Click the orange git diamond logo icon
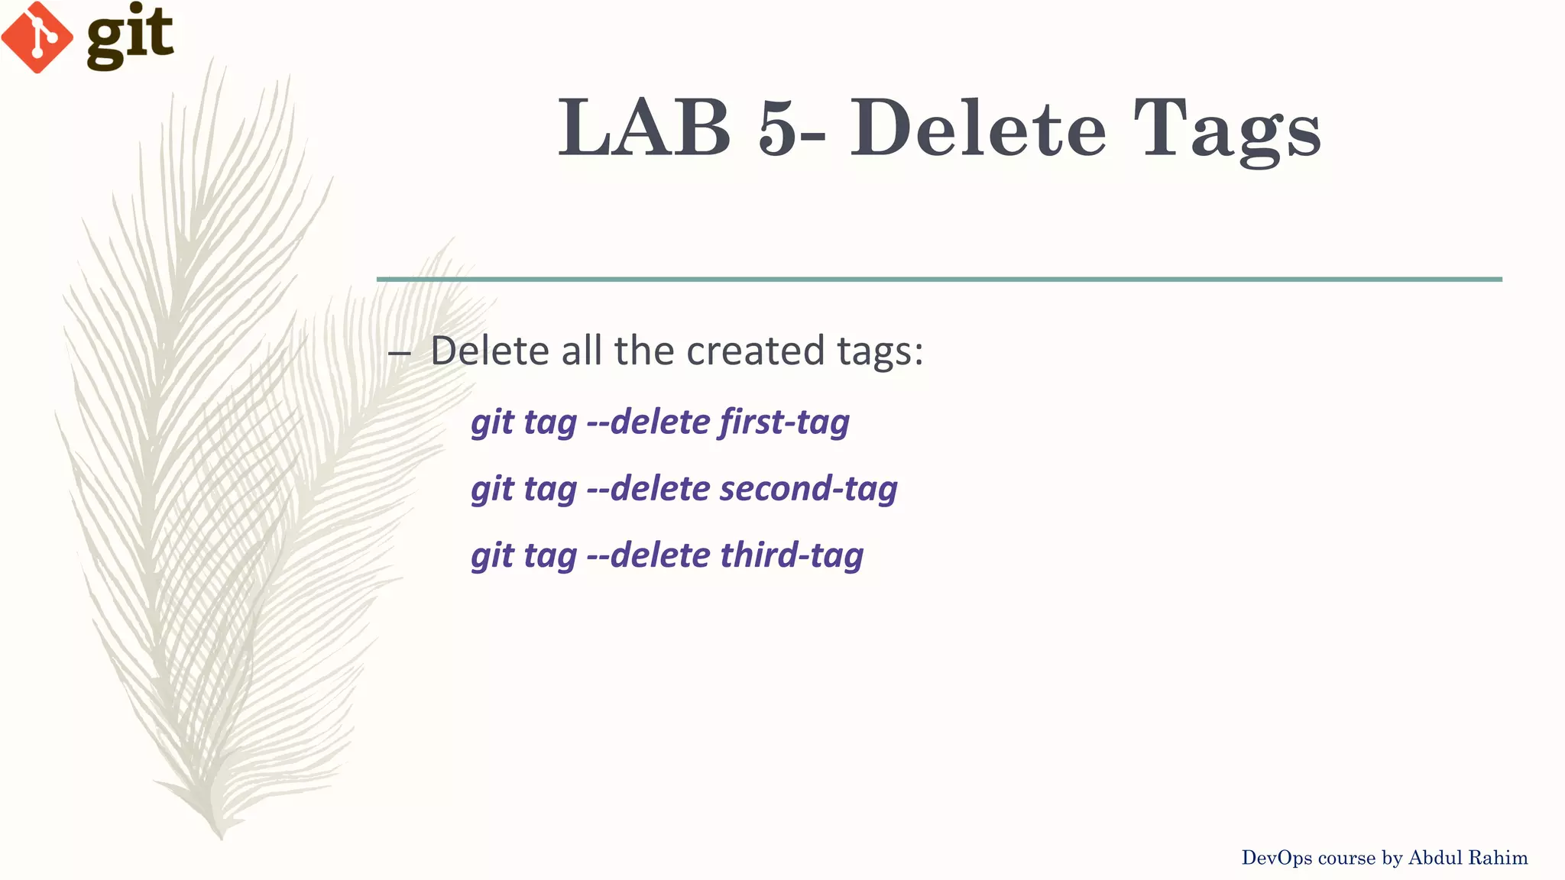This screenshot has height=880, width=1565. (37, 37)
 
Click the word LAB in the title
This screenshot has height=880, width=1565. (644, 128)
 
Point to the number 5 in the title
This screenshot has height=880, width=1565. (778, 128)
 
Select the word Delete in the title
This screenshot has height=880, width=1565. (978, 128)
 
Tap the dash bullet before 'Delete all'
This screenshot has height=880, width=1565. (399, 353)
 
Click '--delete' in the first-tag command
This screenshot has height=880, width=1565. (649, 422)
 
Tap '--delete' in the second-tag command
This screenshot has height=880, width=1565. (649, 489)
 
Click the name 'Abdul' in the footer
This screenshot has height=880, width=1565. (1434, 858)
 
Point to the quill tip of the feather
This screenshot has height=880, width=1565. (221, 836)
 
